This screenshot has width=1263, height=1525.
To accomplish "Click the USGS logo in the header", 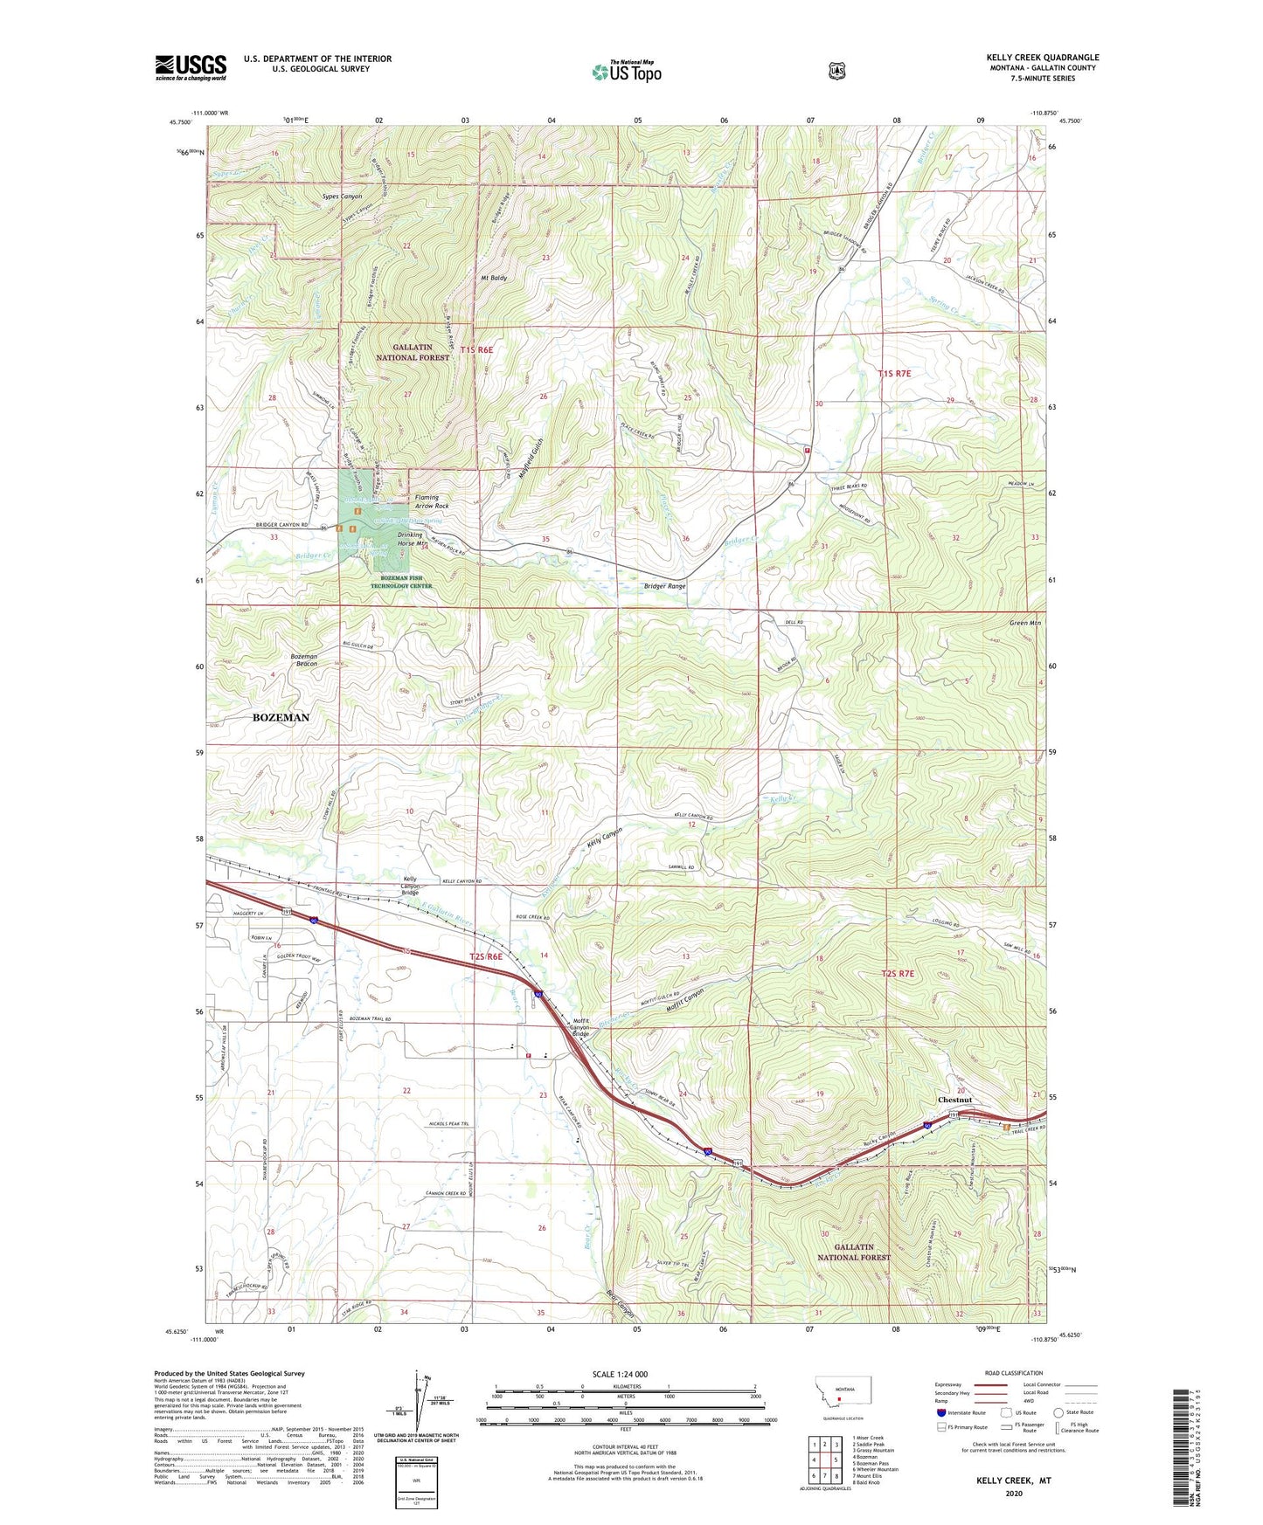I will (x=191, y=67).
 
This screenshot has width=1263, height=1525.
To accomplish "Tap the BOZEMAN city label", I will (x=281, y=717).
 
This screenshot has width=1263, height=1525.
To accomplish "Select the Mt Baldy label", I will (x=494, y=278).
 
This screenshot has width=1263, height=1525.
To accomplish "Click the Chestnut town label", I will (x=954, y=1100).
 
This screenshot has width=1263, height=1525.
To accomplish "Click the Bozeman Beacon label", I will (x=304, y=659).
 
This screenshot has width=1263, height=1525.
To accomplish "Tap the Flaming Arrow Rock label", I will (x=432, y=501).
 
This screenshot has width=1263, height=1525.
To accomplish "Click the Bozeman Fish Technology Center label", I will (x=401, y=582).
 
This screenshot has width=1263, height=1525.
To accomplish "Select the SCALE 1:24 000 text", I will (x=620, y=1374).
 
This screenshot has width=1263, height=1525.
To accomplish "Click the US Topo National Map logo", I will (x=626, y=71).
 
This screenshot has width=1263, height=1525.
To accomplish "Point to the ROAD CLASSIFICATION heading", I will (x=1014, y=1374).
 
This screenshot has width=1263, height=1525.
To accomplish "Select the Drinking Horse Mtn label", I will (x=411, y=539).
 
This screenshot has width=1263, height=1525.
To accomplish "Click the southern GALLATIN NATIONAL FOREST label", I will (x=853, y=1252).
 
